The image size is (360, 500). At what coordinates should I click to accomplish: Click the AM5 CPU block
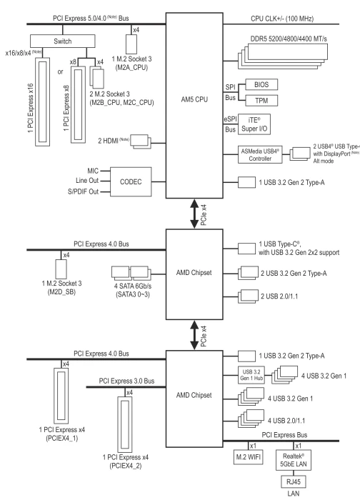[194, 105]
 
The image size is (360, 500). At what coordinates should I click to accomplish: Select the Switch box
[62, 41]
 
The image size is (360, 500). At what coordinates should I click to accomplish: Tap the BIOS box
[261, 84]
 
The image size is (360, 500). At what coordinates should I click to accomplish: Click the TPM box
[261, 101]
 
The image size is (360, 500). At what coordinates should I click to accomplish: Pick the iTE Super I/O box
[254, 124]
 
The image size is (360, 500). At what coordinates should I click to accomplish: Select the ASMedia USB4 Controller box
[260, 155]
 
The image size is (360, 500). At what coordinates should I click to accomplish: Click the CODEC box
[131, 181]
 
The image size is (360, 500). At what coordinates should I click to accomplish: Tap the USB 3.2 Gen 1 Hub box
[251, 375]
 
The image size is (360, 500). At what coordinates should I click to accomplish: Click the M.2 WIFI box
[249, 457]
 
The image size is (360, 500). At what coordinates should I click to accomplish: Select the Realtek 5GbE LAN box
[294, 460]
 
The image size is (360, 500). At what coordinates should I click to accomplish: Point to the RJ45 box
[294, 481]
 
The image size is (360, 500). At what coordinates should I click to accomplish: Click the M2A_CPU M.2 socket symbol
[131, 44]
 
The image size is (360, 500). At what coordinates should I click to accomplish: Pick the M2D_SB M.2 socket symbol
[61, 269]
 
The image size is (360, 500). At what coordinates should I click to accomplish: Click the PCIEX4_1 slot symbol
[61, 395]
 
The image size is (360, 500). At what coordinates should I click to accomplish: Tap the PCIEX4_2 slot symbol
[125, 424]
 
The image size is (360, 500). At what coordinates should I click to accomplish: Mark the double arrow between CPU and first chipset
[194, 214]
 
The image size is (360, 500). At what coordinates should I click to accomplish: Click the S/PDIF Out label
[84, 191]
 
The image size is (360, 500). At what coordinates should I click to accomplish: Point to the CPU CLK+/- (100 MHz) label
[282, 19]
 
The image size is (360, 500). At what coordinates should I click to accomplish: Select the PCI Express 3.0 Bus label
[126, 381]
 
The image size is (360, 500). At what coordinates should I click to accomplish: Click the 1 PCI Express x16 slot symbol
[42, 102]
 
